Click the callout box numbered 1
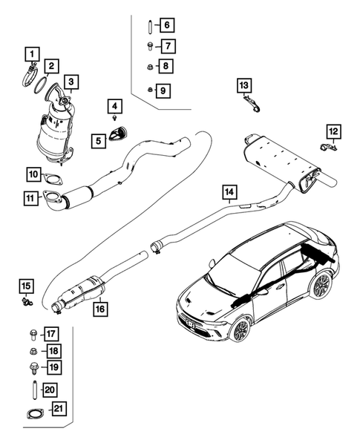[30, 53]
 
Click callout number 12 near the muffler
[334, 131]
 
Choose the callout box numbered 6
[166, 26]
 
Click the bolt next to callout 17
[33, 332]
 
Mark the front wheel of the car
[239, 329]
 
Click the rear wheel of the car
[321, 285]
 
